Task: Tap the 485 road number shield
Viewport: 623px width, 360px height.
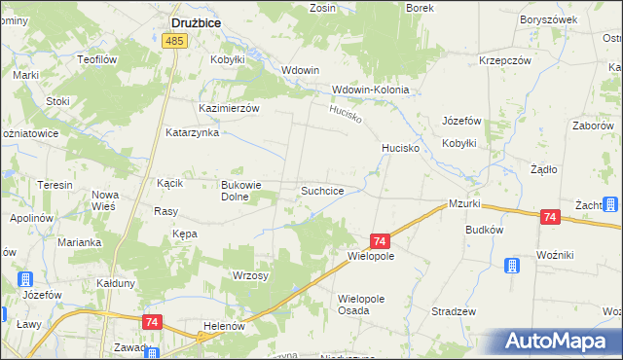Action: click(x=175, y=41)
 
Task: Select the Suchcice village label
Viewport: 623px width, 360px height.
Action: click(x=321, y=191)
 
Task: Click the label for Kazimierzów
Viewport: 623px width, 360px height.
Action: click(x=229, y=109)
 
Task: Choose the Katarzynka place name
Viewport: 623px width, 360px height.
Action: click(x=192, y=132)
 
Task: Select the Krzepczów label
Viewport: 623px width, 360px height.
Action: click(x=504, y=60)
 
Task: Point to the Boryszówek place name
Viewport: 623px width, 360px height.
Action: click(x=549, y=19)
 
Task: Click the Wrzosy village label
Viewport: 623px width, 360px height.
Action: click(x=250, y=275)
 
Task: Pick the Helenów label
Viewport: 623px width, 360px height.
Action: click(x=222, y=326)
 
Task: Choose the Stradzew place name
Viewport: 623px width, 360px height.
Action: click(x=453, y=311)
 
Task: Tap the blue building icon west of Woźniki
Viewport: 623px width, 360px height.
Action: click(x=512, y=267)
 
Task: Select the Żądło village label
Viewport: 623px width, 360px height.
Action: click(x=543, y=169)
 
